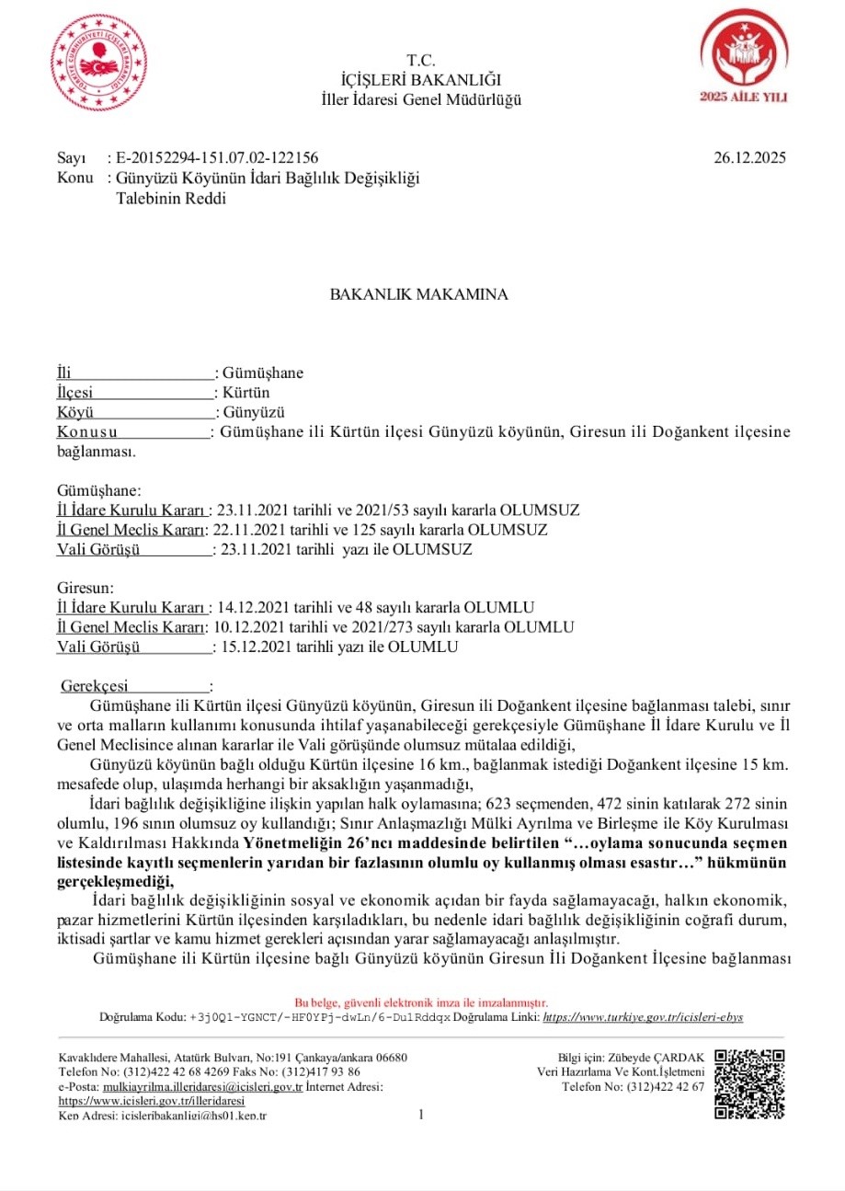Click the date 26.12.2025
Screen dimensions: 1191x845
tap(749, 158)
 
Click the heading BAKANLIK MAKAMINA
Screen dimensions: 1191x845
tap(419, 295)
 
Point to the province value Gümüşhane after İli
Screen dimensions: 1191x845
tap(263, 373)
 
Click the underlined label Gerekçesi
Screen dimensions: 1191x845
tap(96, 686)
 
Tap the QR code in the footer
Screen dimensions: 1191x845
tap(748, 1084)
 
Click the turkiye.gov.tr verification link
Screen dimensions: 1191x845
tap(643, 1017)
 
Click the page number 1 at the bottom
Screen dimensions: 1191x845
tap(421, 1115)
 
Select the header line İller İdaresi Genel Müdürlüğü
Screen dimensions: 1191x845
tap(421, 99)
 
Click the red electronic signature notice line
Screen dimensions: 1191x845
tap(421, 1002)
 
